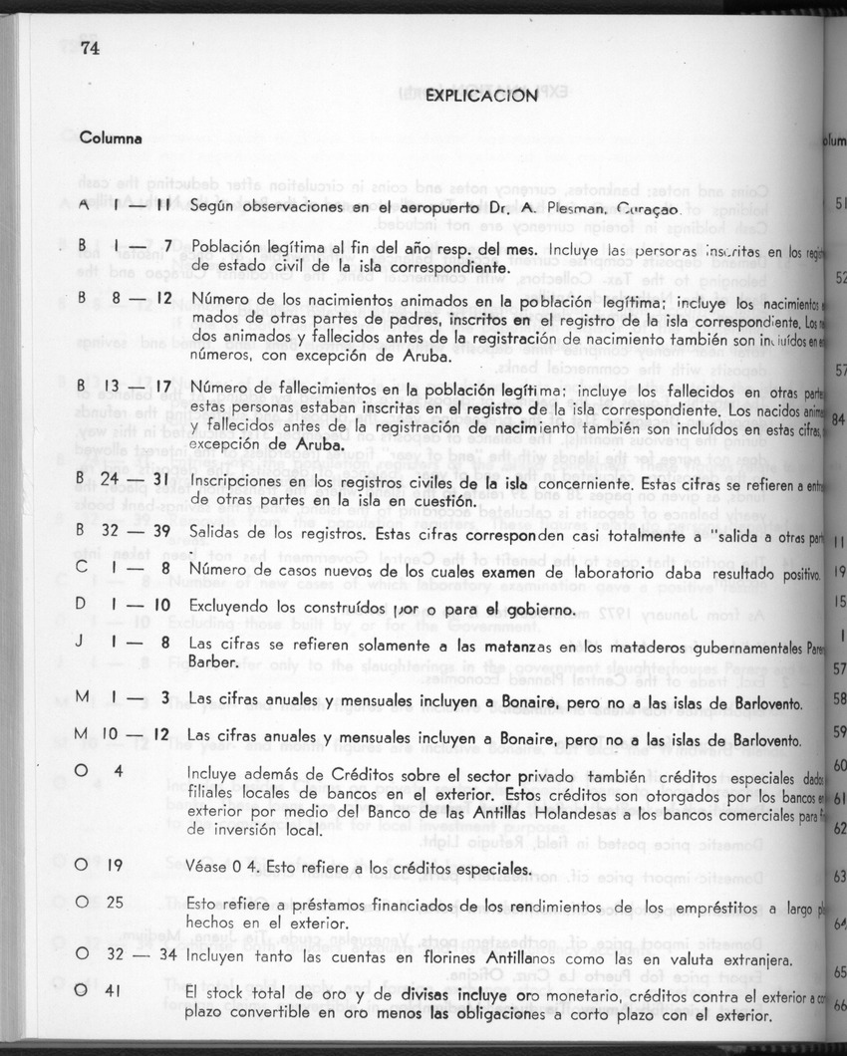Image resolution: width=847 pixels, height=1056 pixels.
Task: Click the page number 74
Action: click(x=93, y=48)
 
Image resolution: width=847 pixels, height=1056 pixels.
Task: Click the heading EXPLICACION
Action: click(x=481, y=96)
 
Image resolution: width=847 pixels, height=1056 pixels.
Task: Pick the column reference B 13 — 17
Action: click(x=126, y=384)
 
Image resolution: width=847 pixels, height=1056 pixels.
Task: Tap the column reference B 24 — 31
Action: click(x=126, y=478)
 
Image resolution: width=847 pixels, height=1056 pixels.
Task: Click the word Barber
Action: click(x=212, y=660)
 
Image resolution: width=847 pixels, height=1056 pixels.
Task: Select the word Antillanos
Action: click(x=506, y=960)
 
